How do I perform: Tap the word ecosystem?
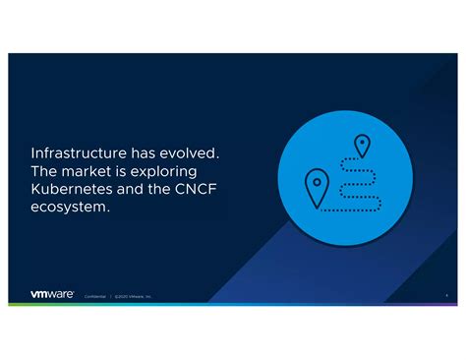[70, 208]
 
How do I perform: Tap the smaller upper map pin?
[362, 147]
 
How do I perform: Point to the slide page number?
[446, 294]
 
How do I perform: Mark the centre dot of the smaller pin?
[362, 143]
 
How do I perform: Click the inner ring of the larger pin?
[317, 181]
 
